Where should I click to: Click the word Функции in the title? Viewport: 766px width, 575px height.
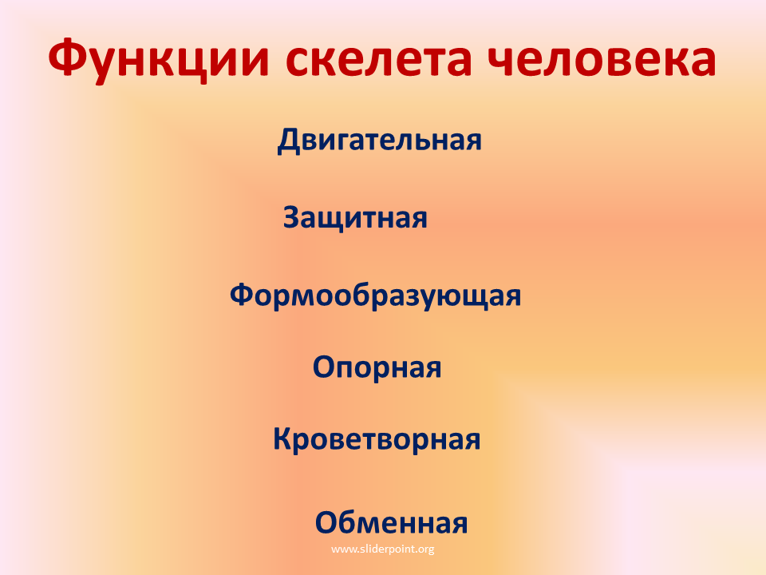(159, 60)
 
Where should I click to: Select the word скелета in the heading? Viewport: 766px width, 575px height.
(378, 60)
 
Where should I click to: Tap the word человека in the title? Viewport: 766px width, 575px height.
(602, 60)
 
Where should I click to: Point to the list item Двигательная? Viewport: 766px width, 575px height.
(380, 141)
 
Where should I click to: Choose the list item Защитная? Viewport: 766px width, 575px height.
(355, 218)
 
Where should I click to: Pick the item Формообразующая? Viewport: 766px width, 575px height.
(375, 296)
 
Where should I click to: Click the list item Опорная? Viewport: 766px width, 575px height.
(377, 368)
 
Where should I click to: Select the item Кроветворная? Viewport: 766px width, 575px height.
(377, 439)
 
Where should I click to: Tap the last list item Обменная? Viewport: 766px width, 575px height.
(391, 522)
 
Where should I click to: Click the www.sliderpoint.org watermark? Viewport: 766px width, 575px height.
(382, 549)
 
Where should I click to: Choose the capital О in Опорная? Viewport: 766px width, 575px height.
(325, 368)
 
